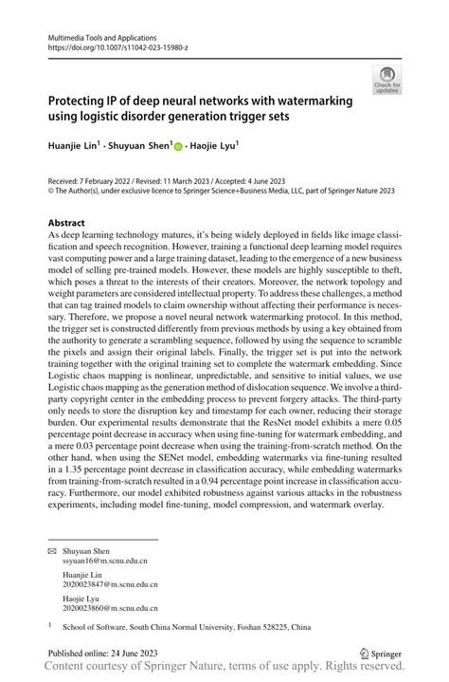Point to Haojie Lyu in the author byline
point(213,145)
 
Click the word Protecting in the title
point(82,101)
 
